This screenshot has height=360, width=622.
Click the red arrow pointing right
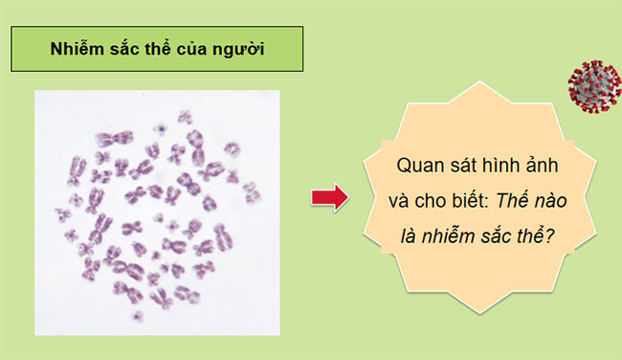point(329,198)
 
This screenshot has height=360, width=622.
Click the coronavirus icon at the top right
point(593,85)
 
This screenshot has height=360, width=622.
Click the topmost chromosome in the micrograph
point(184,117)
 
